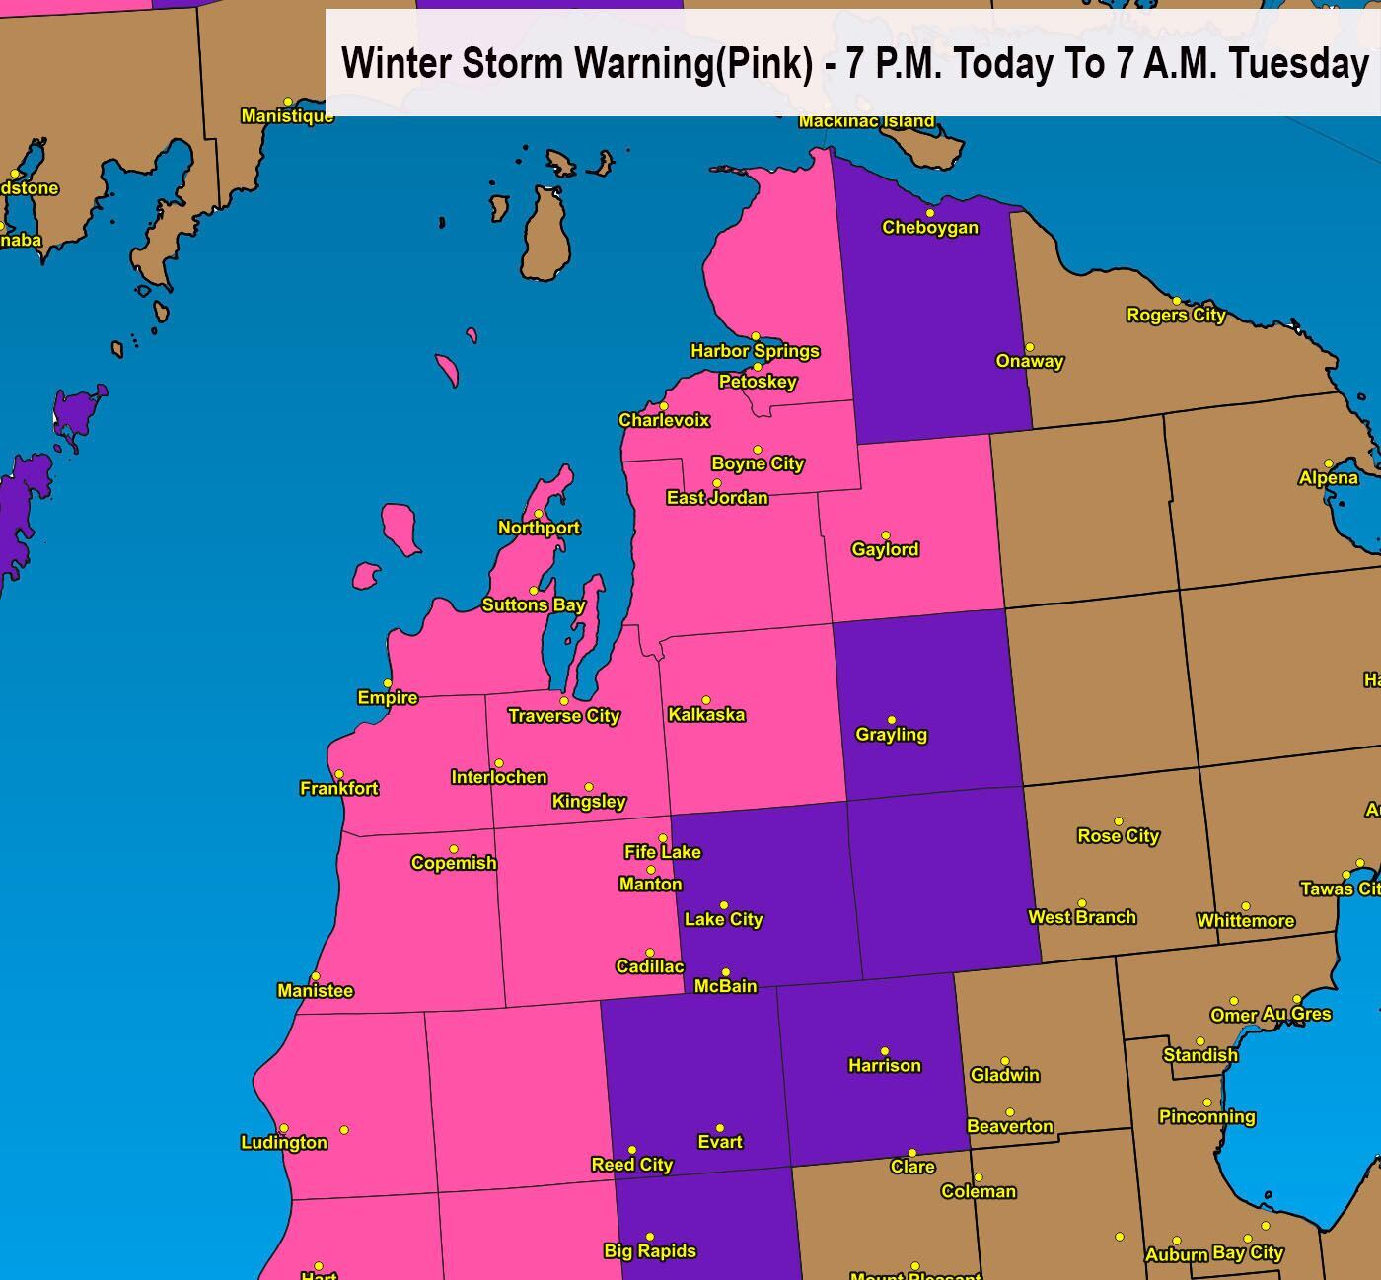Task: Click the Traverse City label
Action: (x=563, y=716)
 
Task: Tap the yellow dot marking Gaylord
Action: (x=885, y=535)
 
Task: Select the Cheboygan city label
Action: (x=929, y=228)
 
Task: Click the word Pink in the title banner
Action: (x=765, y=64)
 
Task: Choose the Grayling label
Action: (x=891, y=735)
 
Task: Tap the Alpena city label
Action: (x=1328, y=478)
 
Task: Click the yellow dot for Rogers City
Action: (x=1176, y=301)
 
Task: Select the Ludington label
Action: (x=284, y=1143)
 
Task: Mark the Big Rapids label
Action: (x=649, y=1251)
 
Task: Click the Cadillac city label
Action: (x=649, y=966)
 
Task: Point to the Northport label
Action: (x=539, y=528)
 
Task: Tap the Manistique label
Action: (x=287, y=116)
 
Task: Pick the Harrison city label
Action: (x=884, y=1066)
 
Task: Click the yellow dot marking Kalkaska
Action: (x=705, y=700)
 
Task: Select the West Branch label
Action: (x=1081, y=917)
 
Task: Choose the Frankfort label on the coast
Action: (x=338, y=788)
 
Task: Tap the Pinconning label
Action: (x=1206, y=1117)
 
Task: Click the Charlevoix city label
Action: (x=664, y=420)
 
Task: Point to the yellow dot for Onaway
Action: (x=1029, y=347)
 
